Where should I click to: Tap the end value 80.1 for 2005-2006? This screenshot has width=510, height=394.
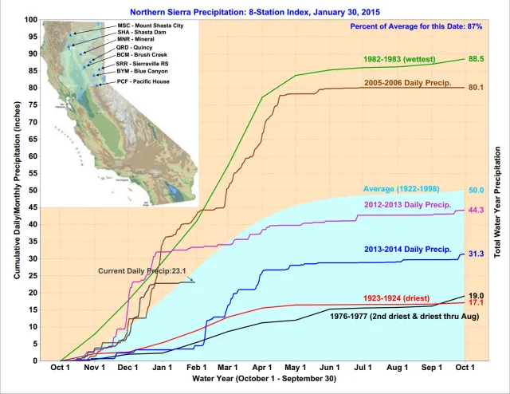pos(477,87)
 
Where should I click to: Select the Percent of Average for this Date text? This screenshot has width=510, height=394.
pos(415,26)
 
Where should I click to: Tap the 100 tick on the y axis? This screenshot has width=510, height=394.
pos(30,19)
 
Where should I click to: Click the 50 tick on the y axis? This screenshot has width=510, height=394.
pos(33,190)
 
